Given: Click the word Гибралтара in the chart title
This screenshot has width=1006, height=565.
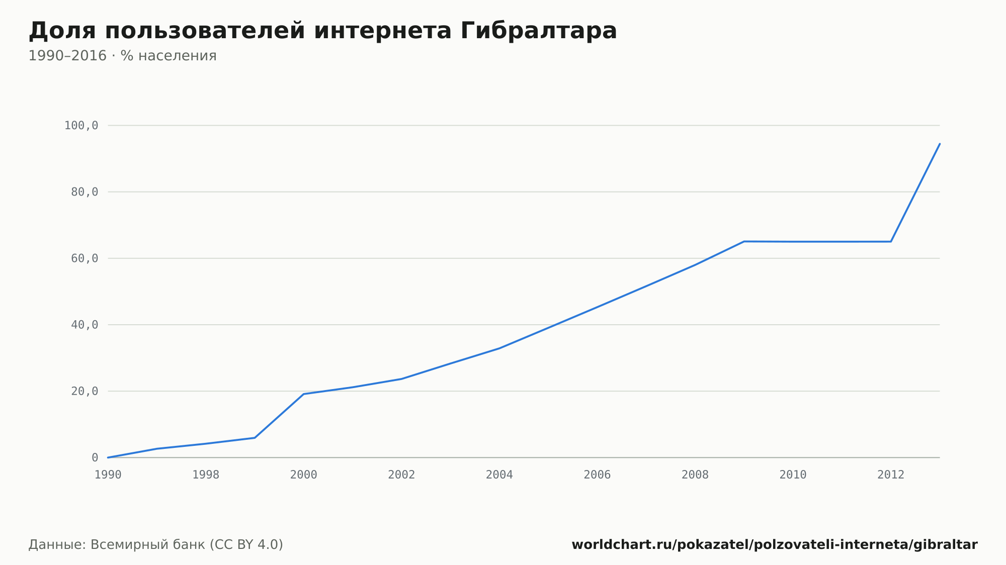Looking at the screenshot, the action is click(x=538, y=31).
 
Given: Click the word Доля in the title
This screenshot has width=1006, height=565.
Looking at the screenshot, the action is click(x=62, y=31).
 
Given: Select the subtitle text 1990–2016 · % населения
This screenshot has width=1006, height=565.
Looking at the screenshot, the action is click(x=122, y=56).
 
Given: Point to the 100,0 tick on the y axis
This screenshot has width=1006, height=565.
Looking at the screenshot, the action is click(x=81, y=126).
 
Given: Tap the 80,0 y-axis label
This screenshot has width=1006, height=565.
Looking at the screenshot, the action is click(x=85, y=192).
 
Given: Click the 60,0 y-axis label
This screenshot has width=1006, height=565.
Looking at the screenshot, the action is click(x=85, y=258).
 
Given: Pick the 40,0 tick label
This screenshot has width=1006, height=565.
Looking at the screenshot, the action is click(x=85, y=325).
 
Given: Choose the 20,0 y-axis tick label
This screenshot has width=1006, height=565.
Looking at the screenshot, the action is click(x=85, y=391).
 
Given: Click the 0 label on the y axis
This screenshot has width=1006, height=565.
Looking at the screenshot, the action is click(x=95, y=457).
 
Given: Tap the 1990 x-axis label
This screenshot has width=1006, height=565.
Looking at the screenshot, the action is click(x=108, y=475).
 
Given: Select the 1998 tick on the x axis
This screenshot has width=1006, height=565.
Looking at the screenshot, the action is click(x=206, y=475).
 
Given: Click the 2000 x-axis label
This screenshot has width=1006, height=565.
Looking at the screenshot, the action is click(x=304, y=475).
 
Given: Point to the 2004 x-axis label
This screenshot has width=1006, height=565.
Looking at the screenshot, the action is click(x=499, y=475).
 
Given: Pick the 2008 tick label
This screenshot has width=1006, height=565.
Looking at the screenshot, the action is click(x=695, y=475).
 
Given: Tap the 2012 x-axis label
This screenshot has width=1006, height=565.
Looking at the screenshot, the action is click(x=891, y=475).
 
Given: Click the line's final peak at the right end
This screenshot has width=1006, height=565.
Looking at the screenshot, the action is click(x=940, y=144).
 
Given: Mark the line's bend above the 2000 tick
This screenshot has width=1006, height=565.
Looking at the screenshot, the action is click(x=304, y=394).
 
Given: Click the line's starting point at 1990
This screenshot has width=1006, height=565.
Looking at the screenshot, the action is click(x=108, y=457).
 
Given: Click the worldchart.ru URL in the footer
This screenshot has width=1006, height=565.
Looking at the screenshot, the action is click(x=775, y=545).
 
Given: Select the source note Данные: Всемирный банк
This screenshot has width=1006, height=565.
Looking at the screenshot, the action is click(x=117, y=545).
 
